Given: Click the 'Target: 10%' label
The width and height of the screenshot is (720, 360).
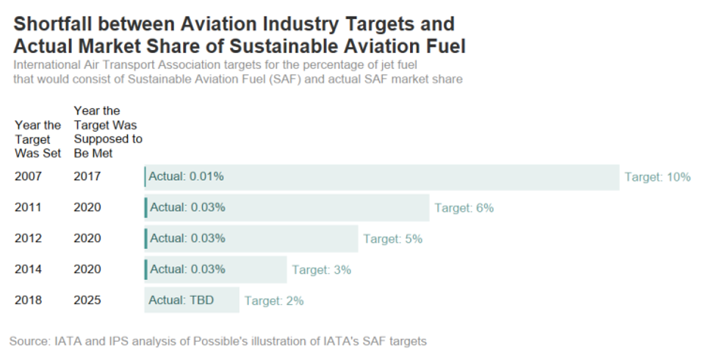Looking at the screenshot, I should pos(658,177).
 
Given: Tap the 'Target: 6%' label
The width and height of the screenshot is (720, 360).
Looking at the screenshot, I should pos(464,208).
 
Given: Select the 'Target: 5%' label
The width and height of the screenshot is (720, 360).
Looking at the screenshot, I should pos(392,239).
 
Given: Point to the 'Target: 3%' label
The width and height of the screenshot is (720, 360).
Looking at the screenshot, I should pos(321,270).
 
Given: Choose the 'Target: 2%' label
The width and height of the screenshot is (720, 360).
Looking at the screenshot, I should pos(274,300).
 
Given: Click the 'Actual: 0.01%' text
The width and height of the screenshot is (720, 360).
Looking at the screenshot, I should pos(186,177).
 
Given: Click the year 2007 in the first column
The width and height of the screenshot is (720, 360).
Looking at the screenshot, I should pos(28,177).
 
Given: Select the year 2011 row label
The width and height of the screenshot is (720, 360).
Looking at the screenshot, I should pos(28,208).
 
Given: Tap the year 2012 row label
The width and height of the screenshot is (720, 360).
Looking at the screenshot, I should pos(28,239).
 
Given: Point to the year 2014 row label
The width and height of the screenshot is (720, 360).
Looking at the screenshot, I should pos(28,270).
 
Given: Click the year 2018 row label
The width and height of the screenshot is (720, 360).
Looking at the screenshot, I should pos(28,300).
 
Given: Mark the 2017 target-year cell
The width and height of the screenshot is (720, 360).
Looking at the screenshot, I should pos(87,177).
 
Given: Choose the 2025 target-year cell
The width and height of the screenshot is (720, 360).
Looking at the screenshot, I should pos(87,300).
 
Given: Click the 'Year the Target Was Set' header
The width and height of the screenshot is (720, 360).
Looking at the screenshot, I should pos(37,140).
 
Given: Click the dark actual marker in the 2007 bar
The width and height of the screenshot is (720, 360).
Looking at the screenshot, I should pos(145,177).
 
